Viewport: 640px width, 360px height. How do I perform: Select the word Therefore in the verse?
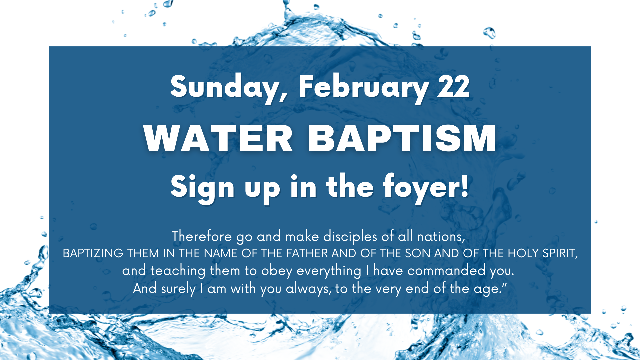pyautogui.click(x=202, y=236)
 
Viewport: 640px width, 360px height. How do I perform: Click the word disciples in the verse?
pyautogui.click(x=350, y=236)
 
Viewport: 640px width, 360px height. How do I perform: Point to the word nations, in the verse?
pyautogui.click(x=441, y=236)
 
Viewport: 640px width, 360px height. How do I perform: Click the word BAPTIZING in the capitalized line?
pyautogui.click(x=93, y=253)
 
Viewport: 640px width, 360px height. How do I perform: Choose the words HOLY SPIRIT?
pyautogui.click(x=543, y=253)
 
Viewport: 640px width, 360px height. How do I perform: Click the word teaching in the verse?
pyautogui.click(x=178, y=270)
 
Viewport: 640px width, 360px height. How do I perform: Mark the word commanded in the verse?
pyautogui.click(x=446, y=270)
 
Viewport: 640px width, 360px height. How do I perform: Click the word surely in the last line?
pyautogui.click(x=178, y=288)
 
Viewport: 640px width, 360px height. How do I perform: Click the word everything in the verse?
pyautogui.click(x=329, y=270)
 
